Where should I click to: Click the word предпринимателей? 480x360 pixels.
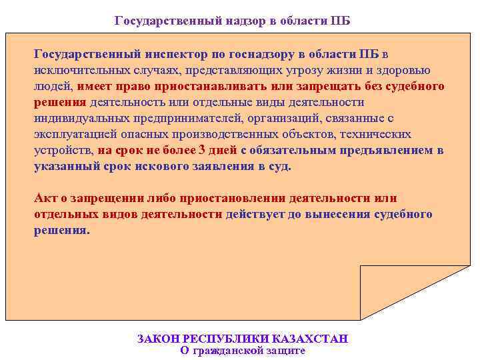point(175,119)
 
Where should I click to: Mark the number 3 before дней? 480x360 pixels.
point(202,151)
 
